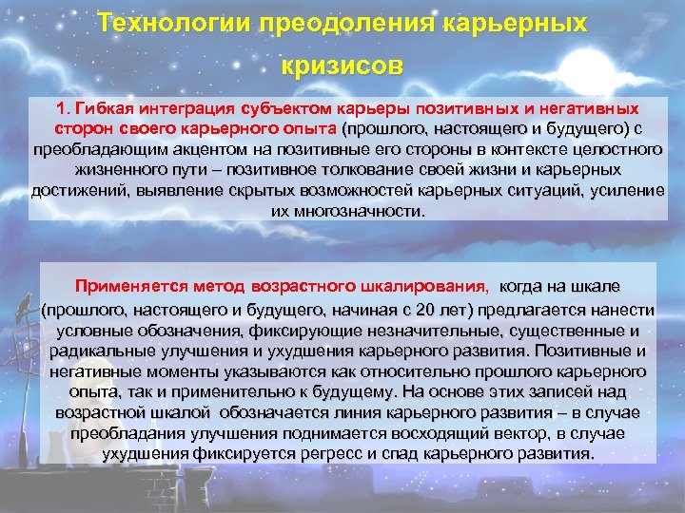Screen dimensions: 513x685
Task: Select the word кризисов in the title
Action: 342,66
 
